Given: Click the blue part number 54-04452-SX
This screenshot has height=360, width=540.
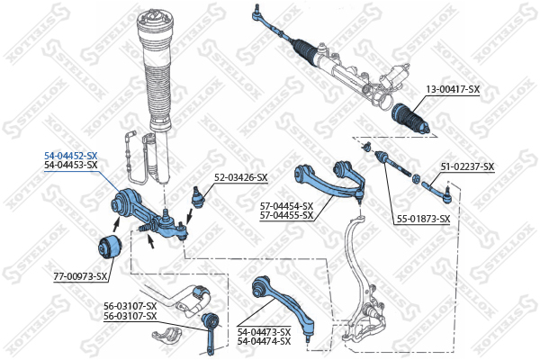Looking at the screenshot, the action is (x=71, y=156).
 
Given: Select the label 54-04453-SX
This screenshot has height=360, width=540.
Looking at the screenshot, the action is (x=71, y=165).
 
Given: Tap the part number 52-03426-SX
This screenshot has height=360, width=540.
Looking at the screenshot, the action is (x=240, y=178).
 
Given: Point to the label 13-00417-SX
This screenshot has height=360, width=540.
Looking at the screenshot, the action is (x=453, y=90).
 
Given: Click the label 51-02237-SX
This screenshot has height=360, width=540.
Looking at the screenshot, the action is (x=467, y=166).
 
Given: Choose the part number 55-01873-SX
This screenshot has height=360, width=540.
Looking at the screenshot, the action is (x=423, y=219).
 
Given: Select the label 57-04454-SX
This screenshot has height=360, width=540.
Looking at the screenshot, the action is (x=286, y=206).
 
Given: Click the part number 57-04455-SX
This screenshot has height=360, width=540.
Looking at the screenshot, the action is (x=286, y=216).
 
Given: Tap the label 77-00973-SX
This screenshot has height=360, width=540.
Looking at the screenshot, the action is (x=80, y=276).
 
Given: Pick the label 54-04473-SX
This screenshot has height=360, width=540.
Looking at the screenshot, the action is (x=264, y=332).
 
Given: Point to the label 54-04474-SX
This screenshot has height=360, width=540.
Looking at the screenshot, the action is (x=264, y=341).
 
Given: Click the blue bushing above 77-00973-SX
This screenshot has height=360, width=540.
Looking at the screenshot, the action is (x=109, y=247).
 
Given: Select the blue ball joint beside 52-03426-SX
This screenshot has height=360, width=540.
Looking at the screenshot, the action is (x=197, y=197).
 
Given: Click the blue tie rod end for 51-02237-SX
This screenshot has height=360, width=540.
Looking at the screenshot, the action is (x=436, y=191).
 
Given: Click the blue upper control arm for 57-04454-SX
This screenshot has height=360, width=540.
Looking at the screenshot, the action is (x=329, y=181).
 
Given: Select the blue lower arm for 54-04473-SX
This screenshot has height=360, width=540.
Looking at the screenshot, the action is (x=283, y=303).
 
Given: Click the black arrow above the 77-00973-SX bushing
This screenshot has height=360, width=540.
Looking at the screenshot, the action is (x=117, y=226).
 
